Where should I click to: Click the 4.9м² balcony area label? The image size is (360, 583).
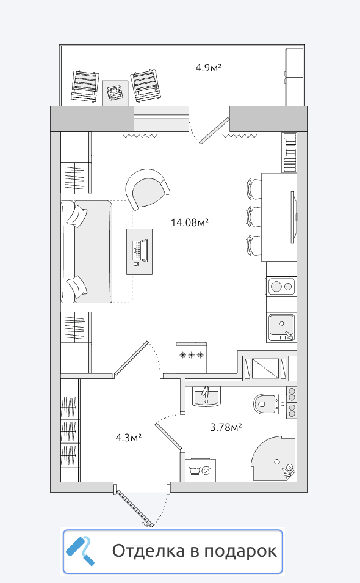pyautogui.click(x=209, y=68)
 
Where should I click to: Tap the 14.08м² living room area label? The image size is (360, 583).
pyautogui.click(x=189, y=222)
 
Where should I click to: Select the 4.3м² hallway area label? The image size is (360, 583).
pyautogui.click(x=128, y=438)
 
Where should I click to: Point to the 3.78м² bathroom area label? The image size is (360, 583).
pyautogui.click(x=226, y=427)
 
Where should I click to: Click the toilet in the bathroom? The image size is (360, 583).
pyautogui.click(x=268, y=403)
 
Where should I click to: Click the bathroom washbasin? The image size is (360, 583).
pyautogui.click(x=206, y=397)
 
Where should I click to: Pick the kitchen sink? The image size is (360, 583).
pyautogui.click(x=282, y=327)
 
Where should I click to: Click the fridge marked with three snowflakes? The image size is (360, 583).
pyautogui.click(x=191, y=358)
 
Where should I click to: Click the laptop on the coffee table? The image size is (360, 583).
pyautogui.click(x=140, y=250)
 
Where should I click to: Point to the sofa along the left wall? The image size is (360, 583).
pyautogui.click(x=87, y=252)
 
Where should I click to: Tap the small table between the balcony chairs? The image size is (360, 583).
pyautogui.click(x=115, y=93)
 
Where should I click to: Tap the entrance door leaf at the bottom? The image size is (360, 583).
pyautogui.click(x=134, y=508)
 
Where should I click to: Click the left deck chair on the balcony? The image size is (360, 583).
pyautogui.click(x=85, y=86)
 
